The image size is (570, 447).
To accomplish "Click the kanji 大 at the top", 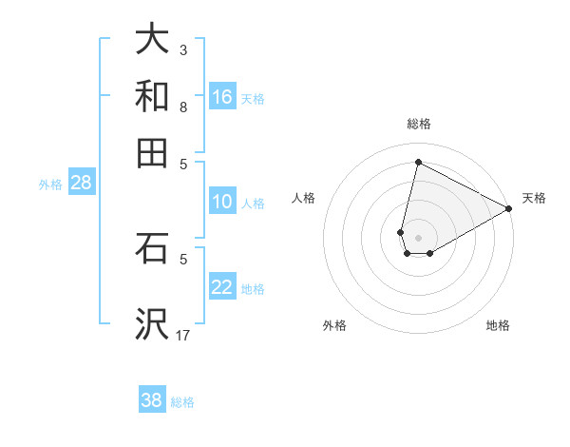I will [152, 40].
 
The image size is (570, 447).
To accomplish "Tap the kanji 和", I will [152, 96].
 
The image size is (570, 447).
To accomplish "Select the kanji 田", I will [152, 152].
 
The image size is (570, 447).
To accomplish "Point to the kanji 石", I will [152, 248].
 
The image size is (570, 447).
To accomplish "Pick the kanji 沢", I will [152, 325].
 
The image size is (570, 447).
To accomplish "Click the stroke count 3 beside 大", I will [183, 49].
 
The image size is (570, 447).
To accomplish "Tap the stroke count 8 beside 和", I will [183, 107].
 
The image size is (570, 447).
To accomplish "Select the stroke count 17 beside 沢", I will [183, 335].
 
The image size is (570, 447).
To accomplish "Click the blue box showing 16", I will [222, 96].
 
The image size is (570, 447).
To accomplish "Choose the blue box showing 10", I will [222, 202].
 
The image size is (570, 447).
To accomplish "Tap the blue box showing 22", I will [222, 287].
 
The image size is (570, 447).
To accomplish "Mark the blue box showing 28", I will [81, 184].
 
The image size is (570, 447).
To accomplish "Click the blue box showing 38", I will [152, 400].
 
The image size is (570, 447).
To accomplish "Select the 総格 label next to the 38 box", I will [182, 402].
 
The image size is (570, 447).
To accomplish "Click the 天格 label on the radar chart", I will [534, 198].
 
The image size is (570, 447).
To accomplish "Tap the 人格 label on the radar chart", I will [303, 198].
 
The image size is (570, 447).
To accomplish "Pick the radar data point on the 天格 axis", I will [509, 209].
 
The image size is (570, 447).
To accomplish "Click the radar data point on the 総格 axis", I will [418, 162].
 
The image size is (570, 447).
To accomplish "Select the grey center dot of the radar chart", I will [418, 237].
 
